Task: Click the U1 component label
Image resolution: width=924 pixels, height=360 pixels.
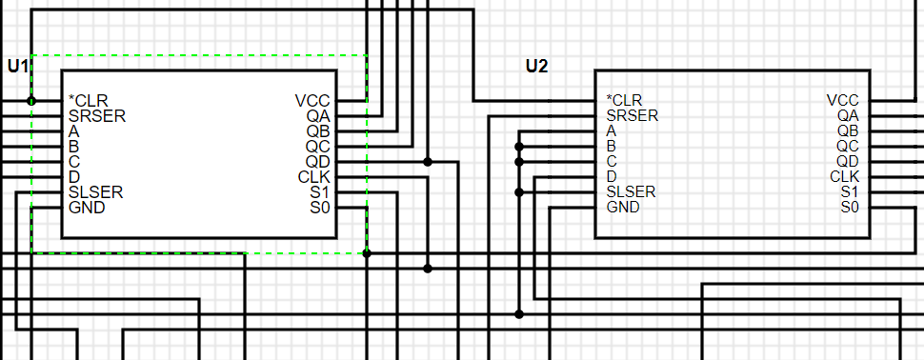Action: pos(18,66)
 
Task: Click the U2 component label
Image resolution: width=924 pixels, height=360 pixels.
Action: pos(537,66)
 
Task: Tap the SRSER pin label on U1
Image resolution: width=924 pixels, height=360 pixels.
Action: pos(97,116)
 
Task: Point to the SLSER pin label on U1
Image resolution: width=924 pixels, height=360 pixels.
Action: pos(96,192)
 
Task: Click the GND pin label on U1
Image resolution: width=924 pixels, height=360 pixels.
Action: pos(87,208)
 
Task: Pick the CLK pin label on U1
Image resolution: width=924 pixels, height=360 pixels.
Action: pos(313,177)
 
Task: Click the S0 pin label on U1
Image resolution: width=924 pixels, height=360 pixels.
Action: pos(319,208)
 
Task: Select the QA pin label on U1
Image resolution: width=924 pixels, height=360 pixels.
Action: pos(318,116)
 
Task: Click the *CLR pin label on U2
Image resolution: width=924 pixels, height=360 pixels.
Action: pos(624,100)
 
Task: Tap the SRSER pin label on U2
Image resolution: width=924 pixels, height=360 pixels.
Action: pos(632,115)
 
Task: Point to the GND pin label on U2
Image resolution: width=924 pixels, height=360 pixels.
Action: pos(623,207)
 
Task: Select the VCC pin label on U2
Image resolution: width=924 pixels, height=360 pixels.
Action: pos(842,100)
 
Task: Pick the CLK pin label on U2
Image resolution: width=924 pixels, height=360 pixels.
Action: pos(844,176)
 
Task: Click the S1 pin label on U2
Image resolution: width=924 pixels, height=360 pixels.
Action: pos(850,191)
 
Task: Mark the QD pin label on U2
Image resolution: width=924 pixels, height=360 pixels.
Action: pos(848,161)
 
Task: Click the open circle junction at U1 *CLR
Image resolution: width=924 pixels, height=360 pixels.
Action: pos(31,100)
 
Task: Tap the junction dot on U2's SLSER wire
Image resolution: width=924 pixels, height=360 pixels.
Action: pos(519,192)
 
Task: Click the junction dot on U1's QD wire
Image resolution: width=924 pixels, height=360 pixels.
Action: pos(428,162)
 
